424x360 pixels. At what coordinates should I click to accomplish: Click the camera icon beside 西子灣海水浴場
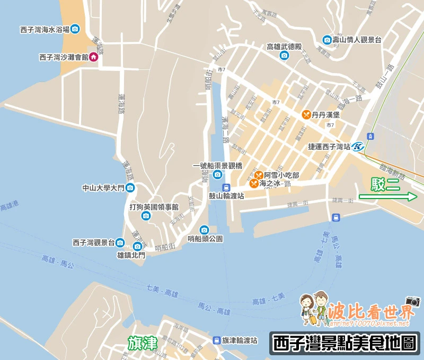pos(75,29)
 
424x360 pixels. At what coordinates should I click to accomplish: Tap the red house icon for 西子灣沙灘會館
pos(93,57)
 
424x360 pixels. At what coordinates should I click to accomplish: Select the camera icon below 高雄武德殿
pos(284,56)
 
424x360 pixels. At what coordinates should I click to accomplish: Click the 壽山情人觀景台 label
pos(357,40)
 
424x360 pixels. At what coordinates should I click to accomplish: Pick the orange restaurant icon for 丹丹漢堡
pos(306,114)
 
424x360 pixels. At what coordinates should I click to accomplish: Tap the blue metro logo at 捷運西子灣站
pos(359,147)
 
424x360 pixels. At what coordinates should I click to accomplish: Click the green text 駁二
pos(385,183)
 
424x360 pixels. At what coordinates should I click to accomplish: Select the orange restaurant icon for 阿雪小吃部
pos(258,175)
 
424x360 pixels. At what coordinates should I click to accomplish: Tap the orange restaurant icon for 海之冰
pos(254,184)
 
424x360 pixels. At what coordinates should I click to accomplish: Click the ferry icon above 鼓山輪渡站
pos(226,187)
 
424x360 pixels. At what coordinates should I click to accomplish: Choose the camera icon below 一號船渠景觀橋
pos(217,175)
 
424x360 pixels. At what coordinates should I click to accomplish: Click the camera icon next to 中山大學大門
pos(130,188)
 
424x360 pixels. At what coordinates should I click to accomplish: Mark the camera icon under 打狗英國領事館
pos(146,215)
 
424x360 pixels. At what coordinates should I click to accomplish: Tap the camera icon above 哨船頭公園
pos(205,230)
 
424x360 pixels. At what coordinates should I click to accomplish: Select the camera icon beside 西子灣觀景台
pos(120,242)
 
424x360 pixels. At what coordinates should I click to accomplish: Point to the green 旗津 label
pos(143,344)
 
